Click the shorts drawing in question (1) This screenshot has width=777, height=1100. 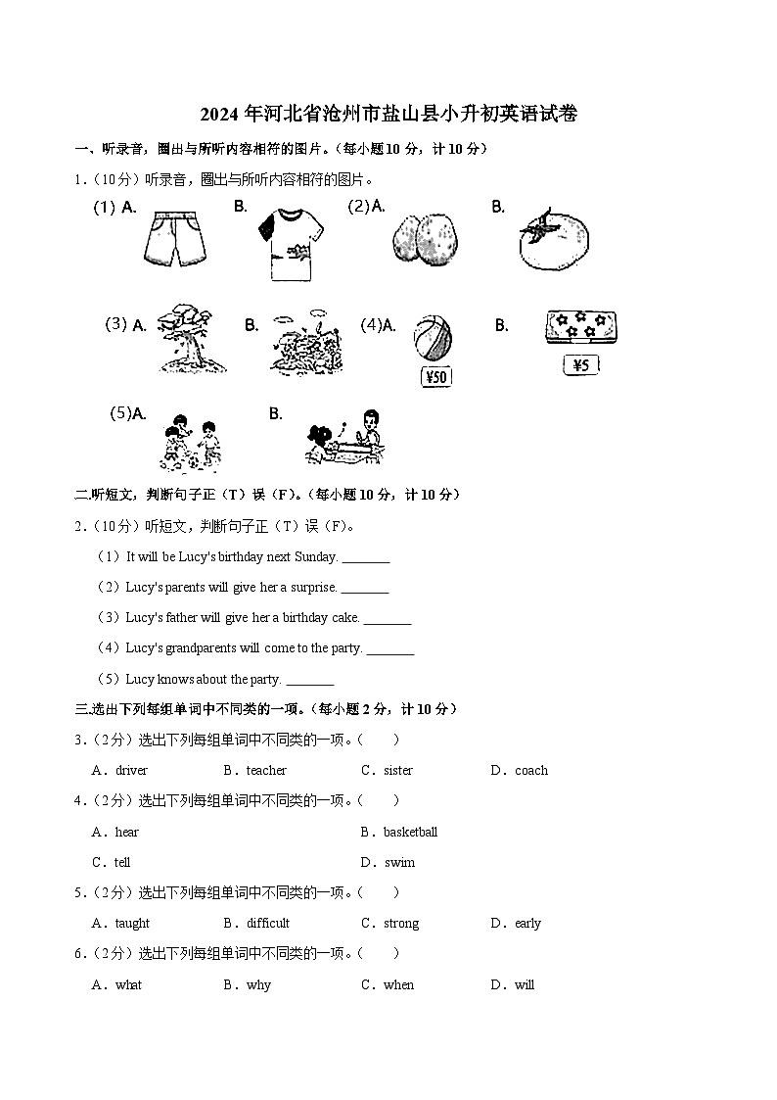(x=177, y=240)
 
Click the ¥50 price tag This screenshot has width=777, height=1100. (x=435, y=376)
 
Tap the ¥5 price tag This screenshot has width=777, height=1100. (x=580, y=365)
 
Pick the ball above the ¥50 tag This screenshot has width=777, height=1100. (x=433, y=339)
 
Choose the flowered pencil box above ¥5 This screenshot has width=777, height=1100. (x=580, y=328)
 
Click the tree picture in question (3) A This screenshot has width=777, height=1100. (x=186, y=337)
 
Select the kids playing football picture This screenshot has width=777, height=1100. (x=189, y=442)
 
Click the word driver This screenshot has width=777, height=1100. (x=131, y=771)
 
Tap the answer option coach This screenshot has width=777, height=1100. (x=531, y=771)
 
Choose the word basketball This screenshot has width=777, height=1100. (x=410, y=833)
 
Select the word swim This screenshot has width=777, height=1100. (x=399, y=863)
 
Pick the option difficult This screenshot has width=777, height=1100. (x=268, y=924)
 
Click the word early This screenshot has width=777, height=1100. (x=527, y=924)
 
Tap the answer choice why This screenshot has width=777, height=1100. (x=258, y=985)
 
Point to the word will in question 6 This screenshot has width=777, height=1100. (x=525, y=985)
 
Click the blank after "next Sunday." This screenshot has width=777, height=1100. (x=366, y=558)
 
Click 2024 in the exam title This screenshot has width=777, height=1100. (x=221, y=115)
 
